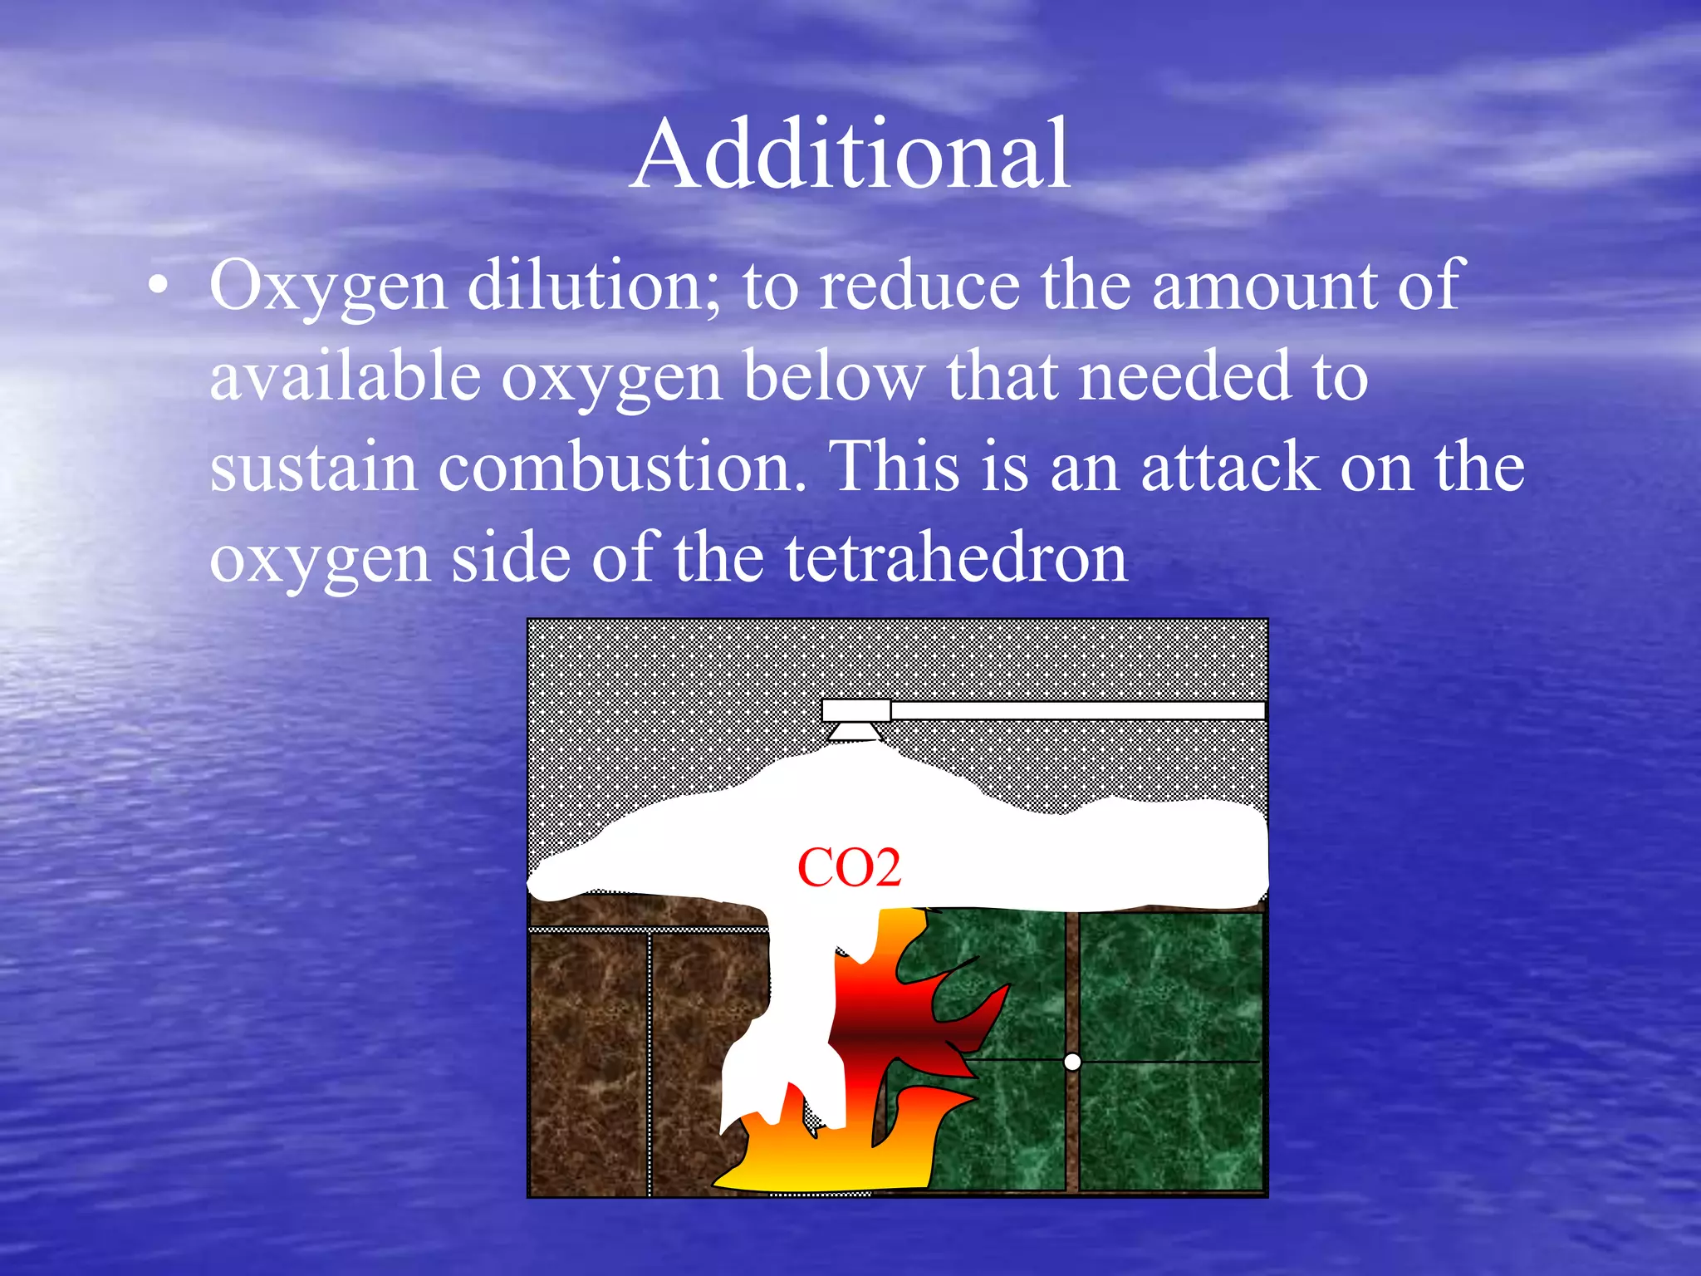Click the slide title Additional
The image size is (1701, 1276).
pos(850,155)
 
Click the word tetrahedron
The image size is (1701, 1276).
pos(955,559)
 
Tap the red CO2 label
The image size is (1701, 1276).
pos(849,869)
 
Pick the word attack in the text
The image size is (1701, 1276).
pos(1230,468)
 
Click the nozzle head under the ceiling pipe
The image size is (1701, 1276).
pos(856,731)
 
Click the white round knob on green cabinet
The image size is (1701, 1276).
pos(1072,1062)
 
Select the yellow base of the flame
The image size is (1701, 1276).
pos(831,1163)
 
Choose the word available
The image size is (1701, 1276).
pos(345,376)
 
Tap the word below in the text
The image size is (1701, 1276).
pos(834,376)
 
